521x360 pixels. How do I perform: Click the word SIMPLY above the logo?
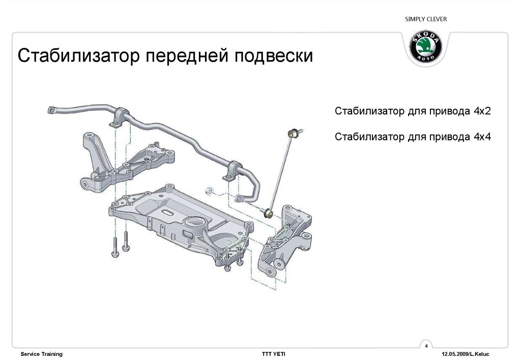click(x=415, y=19)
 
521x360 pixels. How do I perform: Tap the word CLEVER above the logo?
click(x=438, y=19)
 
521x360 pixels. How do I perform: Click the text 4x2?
click(x=482, y=111)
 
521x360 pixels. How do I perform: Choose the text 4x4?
click(x=482, y=136)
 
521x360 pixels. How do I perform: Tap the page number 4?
click(x=426, y=346)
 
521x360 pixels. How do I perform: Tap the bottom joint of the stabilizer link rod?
click(x=269, y=213)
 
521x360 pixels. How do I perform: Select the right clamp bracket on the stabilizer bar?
click(x=231, y=170)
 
